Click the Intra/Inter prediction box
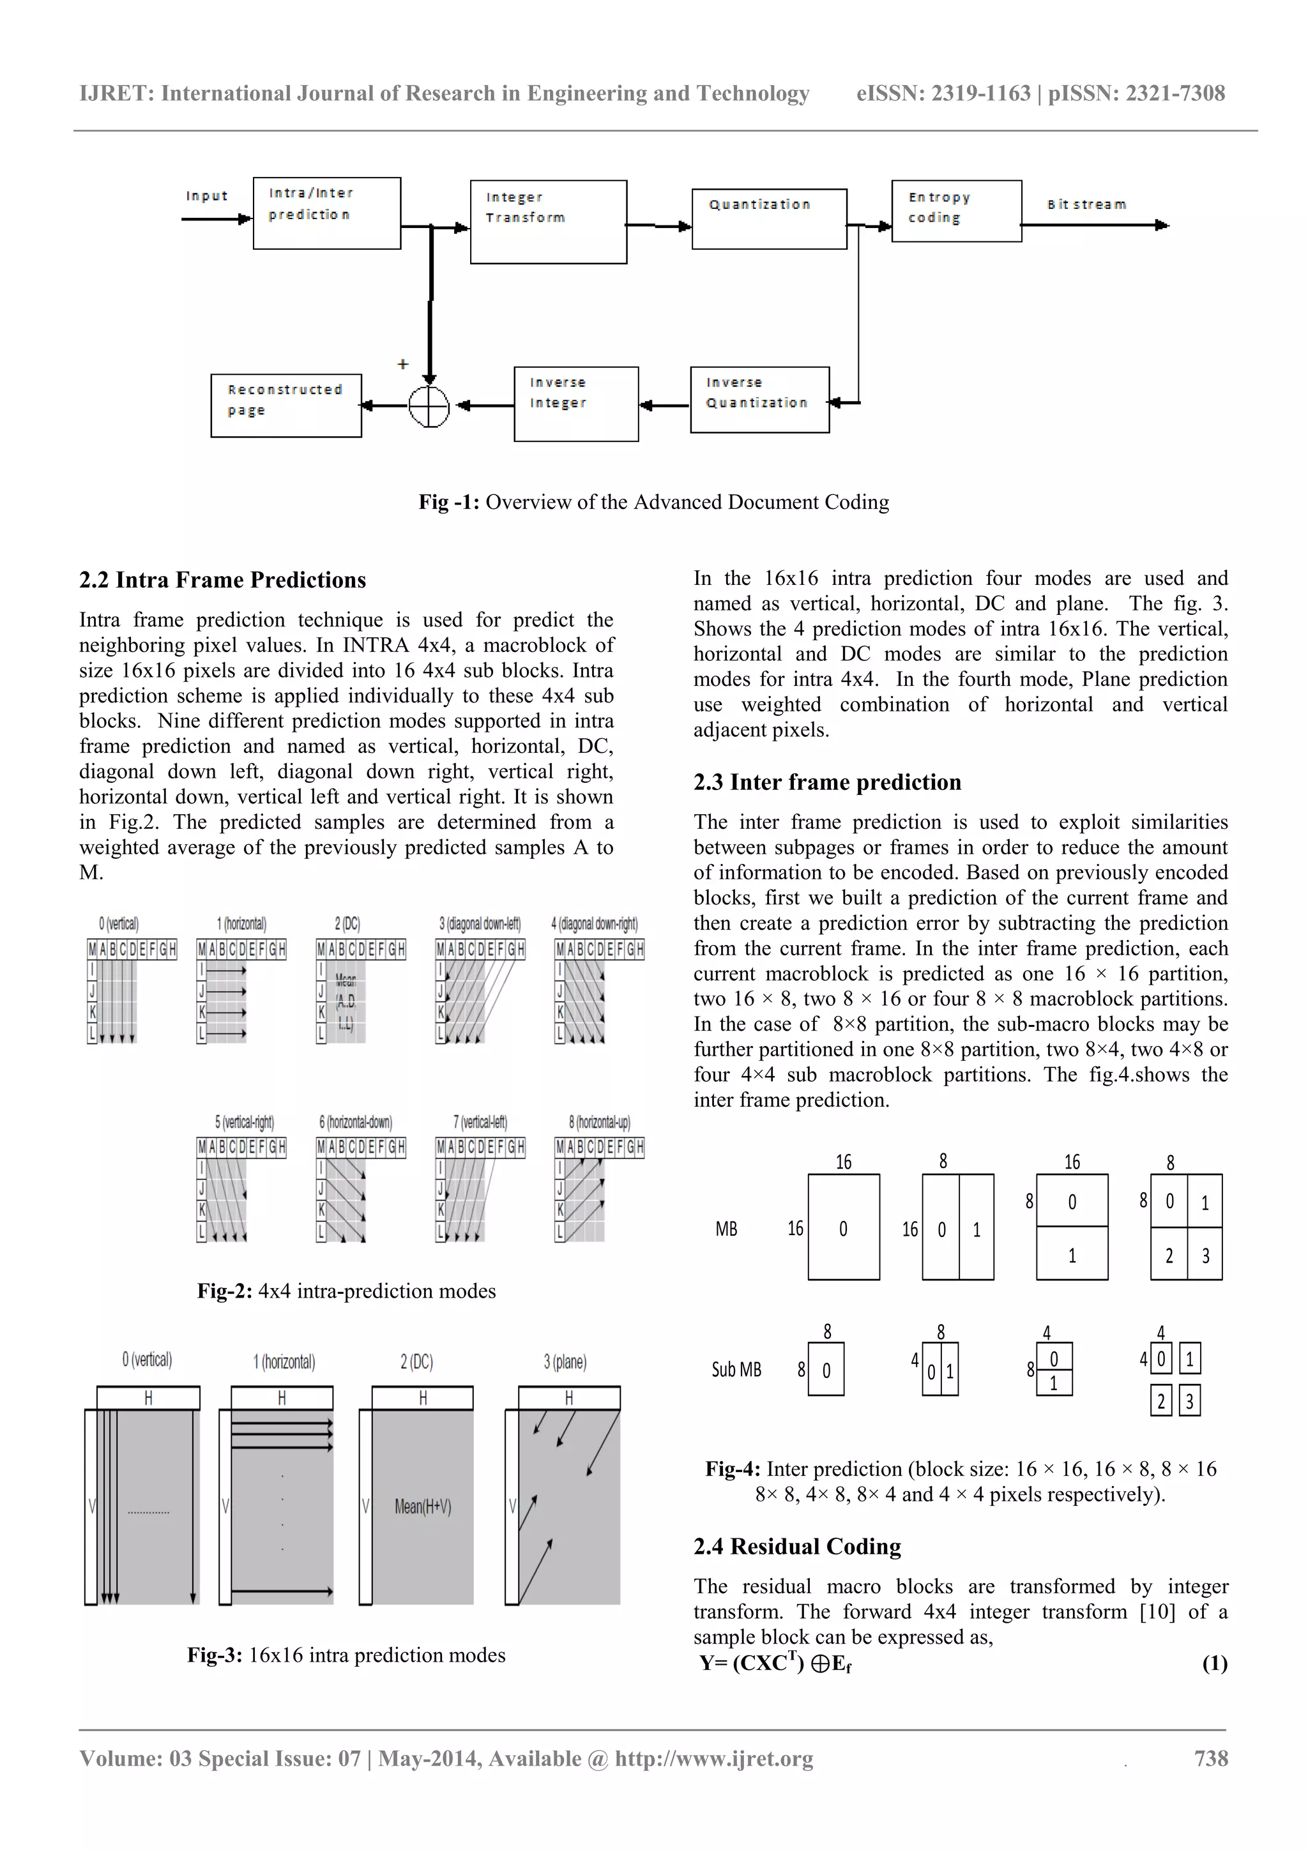click(326, 213)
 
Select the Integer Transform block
click(548, 222)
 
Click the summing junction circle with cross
click(429, 406)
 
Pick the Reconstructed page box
click(285, 406)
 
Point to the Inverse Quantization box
click(759, 400)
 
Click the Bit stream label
click(1086, 204)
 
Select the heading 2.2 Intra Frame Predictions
click(222, 580)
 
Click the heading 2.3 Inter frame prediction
click(827, 782)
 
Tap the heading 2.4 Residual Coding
click(797, 1546)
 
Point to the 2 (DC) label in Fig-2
click(347, 923)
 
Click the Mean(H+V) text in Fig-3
click(423, 1506)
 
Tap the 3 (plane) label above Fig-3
click(565, 1361)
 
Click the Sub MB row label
click(736, 1369)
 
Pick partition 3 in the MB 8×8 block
click(1205, 1255)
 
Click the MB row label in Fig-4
click(726, 1229)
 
